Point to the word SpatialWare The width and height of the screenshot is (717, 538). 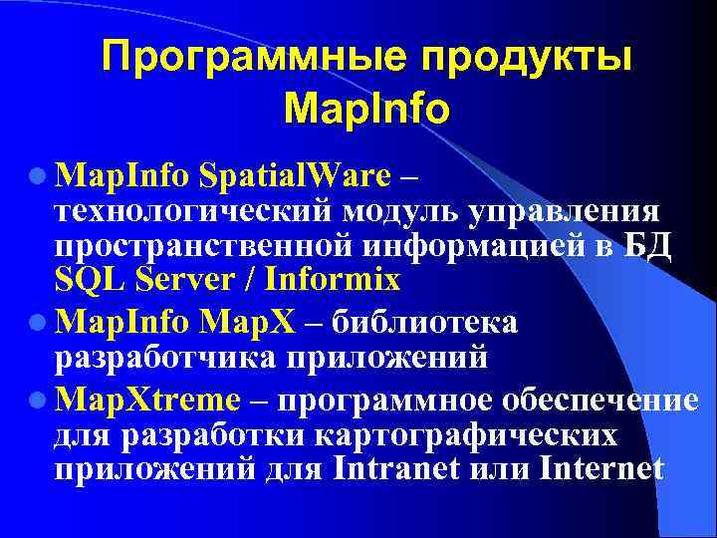click(x=295, y=176)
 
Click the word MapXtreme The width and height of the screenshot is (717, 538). click(x=148, y=400)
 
